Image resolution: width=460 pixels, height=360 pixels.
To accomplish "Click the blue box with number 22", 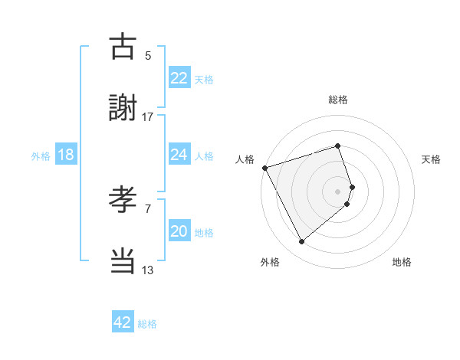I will point(179,78).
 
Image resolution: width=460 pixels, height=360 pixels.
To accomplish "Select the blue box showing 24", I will point(179,155).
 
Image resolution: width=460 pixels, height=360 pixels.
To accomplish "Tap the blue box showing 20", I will point(179,231).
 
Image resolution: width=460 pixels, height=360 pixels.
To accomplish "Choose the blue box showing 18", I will point(66,155).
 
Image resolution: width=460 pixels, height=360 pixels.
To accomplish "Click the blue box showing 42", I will point(123,322).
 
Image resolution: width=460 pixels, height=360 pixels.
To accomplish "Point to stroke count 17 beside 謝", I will point(148,116).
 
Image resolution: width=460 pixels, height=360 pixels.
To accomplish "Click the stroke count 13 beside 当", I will point(148,270).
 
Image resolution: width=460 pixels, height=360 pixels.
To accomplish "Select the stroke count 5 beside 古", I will point(148,55).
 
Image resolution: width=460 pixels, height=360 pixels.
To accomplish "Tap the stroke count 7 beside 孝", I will point(148,208).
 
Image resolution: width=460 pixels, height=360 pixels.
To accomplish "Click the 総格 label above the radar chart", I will point(338,100).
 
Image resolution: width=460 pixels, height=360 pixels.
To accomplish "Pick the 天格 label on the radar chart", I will point(431,159).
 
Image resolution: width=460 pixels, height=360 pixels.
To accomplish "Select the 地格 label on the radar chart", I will point(402,262).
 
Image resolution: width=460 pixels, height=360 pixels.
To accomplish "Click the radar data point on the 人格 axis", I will point(264,167).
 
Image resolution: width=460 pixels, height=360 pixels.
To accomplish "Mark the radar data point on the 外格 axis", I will point(301,241).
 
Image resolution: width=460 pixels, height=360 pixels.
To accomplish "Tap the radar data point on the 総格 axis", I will point(338,146).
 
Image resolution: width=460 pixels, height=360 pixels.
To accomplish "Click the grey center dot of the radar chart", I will point(338,191).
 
